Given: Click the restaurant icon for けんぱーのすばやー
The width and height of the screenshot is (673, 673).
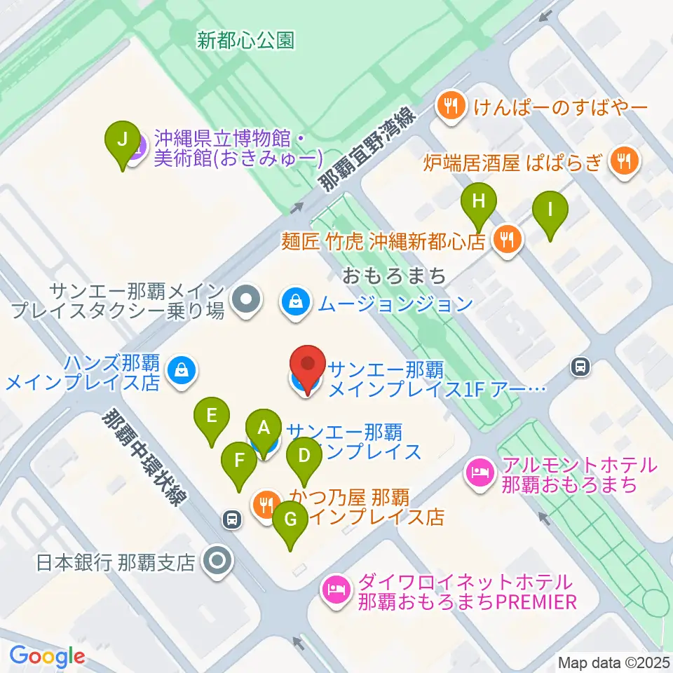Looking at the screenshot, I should coord(449,107).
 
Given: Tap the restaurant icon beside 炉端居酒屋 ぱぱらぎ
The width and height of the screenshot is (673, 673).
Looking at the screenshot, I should coord(621,162).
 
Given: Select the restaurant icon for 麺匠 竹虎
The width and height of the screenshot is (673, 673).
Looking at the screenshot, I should coord(505,240).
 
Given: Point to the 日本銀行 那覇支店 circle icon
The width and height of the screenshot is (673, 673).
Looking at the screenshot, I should coord(215,562).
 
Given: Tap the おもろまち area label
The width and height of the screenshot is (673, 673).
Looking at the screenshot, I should coord(395,276).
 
